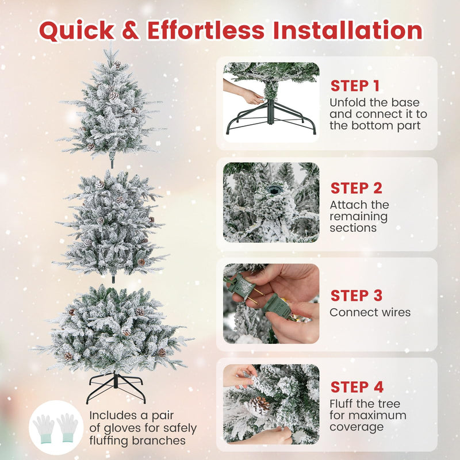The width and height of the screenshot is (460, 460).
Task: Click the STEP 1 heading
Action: tap(355, 86)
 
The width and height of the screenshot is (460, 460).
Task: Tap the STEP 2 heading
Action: tap(356, 188)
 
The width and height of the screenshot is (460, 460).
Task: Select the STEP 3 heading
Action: tap(356, 296)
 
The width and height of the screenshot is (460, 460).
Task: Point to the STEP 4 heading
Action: tap(356, 387)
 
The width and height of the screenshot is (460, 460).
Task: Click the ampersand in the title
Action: tap(131, 31)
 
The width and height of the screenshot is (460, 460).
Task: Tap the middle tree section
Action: tap(111, 224)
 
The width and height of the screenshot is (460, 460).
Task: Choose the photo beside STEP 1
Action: tap(271, 98)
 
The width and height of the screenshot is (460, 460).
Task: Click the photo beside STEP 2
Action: tap(271, 202)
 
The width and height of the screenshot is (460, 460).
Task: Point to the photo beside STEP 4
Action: tap(271, 404)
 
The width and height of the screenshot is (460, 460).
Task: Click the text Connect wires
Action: tap(370, 312)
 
